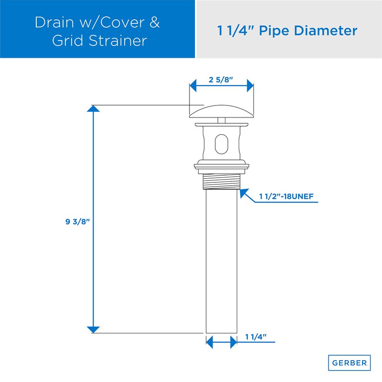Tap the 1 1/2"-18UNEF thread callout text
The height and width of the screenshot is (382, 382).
[286, 196]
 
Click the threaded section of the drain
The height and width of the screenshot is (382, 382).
[221, 182]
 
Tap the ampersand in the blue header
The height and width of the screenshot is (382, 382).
[154, 22]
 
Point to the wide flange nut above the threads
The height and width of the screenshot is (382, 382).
[221, 168]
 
